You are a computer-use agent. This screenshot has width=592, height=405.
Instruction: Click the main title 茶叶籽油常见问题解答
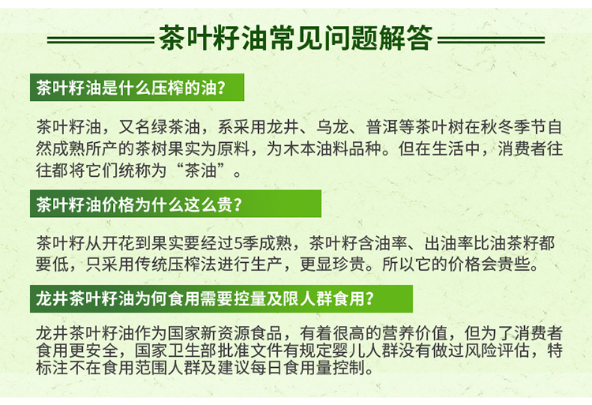[296, 38]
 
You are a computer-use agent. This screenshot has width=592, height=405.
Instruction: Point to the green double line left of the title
[100, 39]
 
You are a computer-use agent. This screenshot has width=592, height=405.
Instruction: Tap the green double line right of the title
[491, 39]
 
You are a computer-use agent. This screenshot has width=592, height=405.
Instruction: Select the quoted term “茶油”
[201, 171]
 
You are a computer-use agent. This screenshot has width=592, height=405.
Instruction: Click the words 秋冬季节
[514, 127]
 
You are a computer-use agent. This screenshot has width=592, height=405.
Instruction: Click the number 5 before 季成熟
[238, 243]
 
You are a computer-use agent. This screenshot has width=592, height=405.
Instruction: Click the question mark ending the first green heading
[222, 88]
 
